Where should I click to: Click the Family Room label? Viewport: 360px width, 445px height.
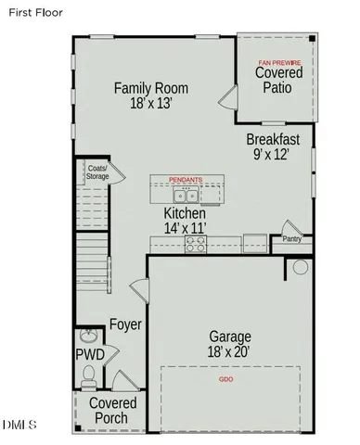point(151,95)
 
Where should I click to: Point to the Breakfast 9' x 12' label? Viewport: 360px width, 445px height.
point(273,146)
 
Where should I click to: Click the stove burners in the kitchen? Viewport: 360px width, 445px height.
point(197,244)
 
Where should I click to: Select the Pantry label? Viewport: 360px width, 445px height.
point(290,238)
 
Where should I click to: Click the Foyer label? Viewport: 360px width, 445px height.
point(125,324)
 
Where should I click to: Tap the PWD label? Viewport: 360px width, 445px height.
point(90,355)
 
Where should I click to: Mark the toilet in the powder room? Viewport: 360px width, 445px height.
point(89,375)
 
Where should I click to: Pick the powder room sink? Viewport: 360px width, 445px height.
point(89,336)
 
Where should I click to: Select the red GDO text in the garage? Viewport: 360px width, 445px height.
point(225,380)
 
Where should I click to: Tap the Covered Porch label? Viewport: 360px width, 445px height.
point(112,411)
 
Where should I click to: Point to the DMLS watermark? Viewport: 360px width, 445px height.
point(19,424)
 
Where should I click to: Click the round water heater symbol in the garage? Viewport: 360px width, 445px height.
point(300,267)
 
